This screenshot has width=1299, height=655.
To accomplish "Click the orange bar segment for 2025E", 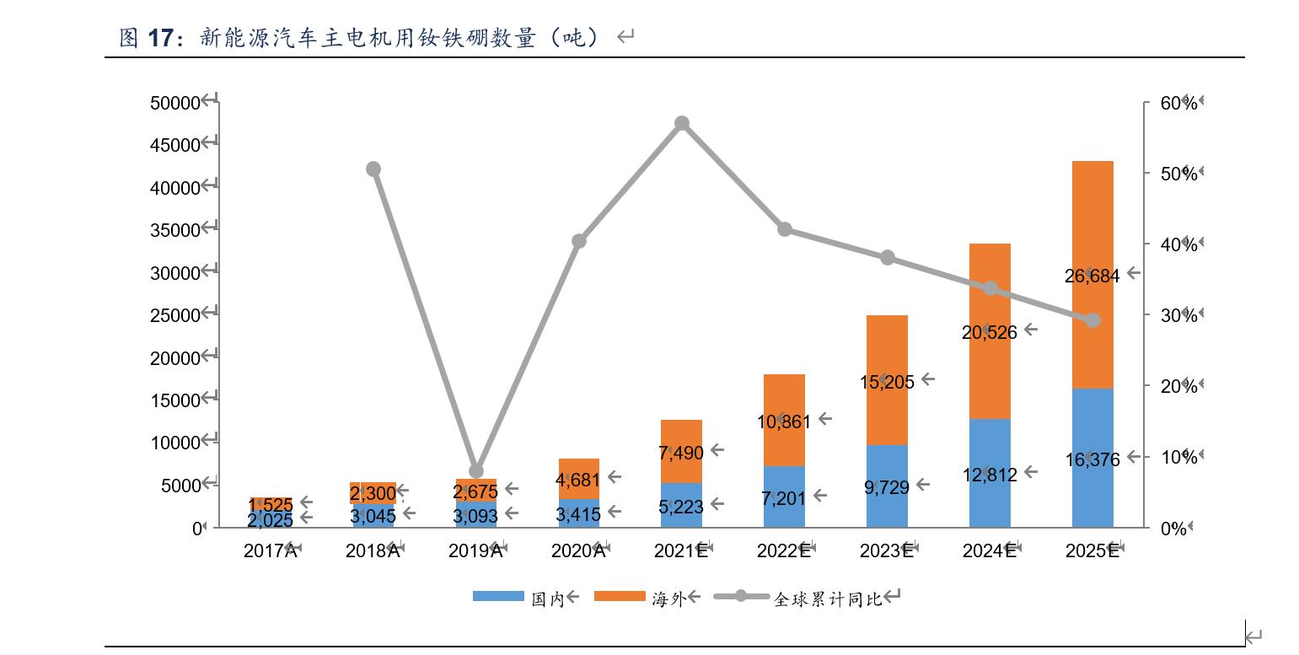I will [1092, 219].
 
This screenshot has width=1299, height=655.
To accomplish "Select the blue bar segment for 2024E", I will [990, 497].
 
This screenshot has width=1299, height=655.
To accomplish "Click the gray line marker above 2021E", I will [682, 124].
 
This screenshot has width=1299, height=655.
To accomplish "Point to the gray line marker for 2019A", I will [476, 471].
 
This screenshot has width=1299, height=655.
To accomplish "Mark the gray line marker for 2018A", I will [373, 169].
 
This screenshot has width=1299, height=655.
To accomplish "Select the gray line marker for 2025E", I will [1093, 320].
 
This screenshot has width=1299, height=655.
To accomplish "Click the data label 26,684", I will [1092, 276].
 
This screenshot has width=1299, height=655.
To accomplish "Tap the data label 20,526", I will [989, 332].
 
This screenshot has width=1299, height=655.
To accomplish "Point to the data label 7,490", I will [681, 453].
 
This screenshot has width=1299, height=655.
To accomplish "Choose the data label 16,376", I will [1092, 459].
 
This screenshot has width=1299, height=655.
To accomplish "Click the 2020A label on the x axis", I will [578, 551].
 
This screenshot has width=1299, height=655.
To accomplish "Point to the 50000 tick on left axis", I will [175, 103].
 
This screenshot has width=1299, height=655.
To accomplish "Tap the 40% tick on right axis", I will [1178, 244].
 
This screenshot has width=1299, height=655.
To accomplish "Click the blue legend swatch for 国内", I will [497, 596].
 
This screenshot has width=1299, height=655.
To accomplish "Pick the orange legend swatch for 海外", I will [619, 596].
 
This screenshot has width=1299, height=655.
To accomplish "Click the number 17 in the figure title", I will [160, 37].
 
